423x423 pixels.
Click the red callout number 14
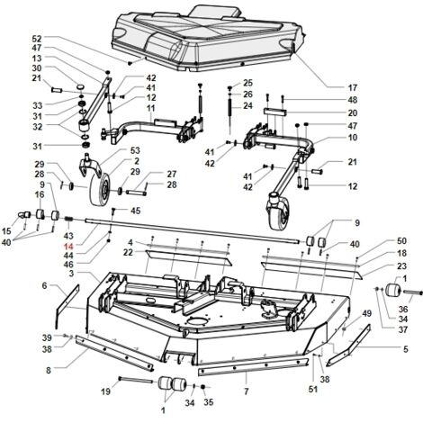pyautogui.click(x=68, y=247)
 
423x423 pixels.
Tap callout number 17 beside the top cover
pyautogui.click(x=353, y=87)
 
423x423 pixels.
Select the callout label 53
pyautogui.click(x=135, y=150)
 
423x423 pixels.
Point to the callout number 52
pyautogui.click(x=37, y=39)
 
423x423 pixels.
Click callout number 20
pyautogui.click(x=353, y=112)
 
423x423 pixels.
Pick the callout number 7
pyautogui.click(x=247, y=391)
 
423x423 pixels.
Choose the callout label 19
pyautogui.click(x=105, y=391)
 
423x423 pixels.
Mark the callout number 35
pyautogui.click(x=208, y=402)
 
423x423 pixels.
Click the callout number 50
pyautogui.click(x=401, y=240)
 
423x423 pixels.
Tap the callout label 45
pyautogui.click(x=135, y=211)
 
